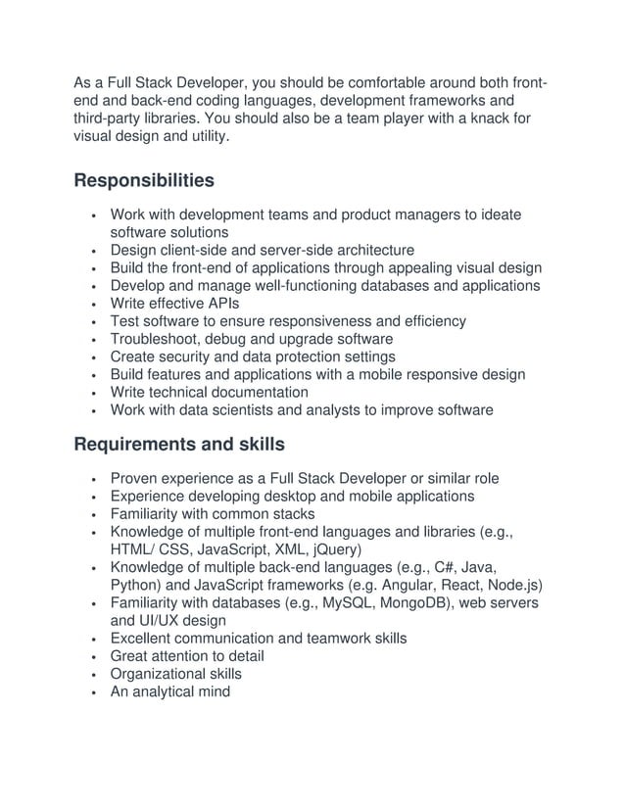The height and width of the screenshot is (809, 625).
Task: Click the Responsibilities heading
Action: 144,181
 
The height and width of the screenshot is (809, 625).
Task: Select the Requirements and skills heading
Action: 179,445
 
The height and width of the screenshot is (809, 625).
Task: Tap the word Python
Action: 137,586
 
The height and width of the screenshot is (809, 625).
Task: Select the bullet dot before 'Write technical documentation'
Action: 91,393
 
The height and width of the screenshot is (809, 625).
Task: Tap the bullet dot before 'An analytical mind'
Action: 91,692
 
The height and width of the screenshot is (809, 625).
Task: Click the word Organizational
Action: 160,675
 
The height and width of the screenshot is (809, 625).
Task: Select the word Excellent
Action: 145,639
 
